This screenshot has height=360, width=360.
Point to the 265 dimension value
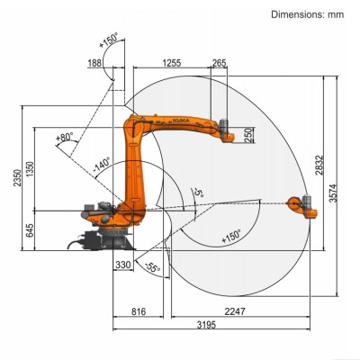[x=219, y=63]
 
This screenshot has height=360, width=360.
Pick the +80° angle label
[x=64, y=138]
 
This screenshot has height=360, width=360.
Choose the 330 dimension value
[x=123, y=265]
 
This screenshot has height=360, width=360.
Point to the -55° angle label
[x=153, y=267]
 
